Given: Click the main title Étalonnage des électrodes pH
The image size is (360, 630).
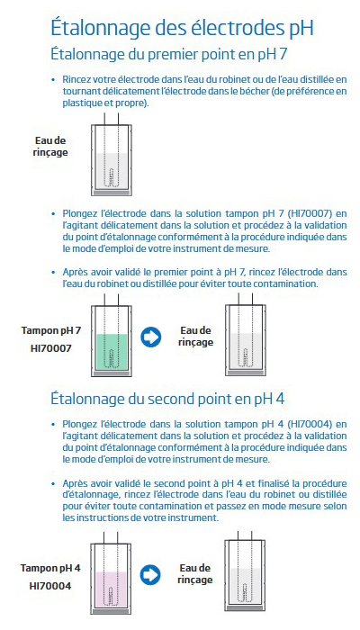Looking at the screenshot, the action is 182,28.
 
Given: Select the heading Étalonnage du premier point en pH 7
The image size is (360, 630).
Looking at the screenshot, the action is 169,54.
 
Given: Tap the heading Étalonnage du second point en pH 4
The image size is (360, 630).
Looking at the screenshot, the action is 167,399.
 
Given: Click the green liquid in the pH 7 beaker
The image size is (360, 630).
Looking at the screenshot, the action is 112,352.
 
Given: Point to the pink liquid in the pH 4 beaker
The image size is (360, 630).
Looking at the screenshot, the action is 112,589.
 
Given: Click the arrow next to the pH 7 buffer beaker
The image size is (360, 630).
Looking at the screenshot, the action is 150,337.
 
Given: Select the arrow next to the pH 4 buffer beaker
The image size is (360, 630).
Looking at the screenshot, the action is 150,574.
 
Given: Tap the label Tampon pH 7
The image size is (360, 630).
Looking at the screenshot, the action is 51,331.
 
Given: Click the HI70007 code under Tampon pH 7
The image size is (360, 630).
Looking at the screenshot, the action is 51,348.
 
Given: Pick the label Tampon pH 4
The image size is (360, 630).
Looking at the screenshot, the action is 50,569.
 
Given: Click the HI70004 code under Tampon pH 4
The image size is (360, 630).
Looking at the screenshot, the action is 50,586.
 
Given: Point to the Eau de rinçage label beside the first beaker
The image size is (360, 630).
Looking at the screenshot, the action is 50,147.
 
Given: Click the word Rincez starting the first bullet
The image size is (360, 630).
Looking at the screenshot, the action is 75,79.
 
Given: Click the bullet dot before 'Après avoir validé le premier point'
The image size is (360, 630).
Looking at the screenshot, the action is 53,272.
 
